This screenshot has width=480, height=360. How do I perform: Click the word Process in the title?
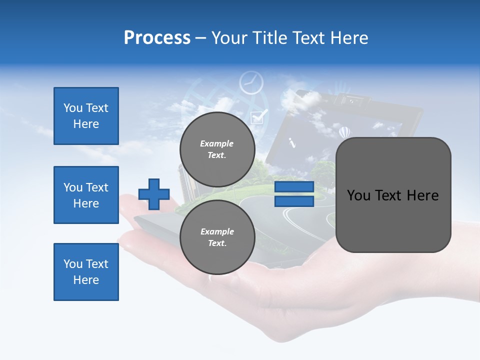tap(157, 38)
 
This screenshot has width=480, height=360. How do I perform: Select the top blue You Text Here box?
tap(86, 116)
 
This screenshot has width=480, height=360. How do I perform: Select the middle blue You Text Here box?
tap(86, 195)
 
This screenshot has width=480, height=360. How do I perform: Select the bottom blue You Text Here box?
tap(86, 272)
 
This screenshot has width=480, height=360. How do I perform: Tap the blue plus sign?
tap(154, 193)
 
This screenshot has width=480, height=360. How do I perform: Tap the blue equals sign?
tap(294, 194)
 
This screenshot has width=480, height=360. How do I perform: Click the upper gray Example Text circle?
tap(217, 149)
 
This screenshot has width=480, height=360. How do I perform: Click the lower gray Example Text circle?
tap(217, 237)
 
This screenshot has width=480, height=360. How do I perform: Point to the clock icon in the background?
tap(251, 82)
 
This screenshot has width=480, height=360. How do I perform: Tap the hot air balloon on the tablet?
tap(344, 132)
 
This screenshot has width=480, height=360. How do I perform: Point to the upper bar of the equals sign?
tap(294, 187)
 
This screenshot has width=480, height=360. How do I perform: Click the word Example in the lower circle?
tap(217, 231)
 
